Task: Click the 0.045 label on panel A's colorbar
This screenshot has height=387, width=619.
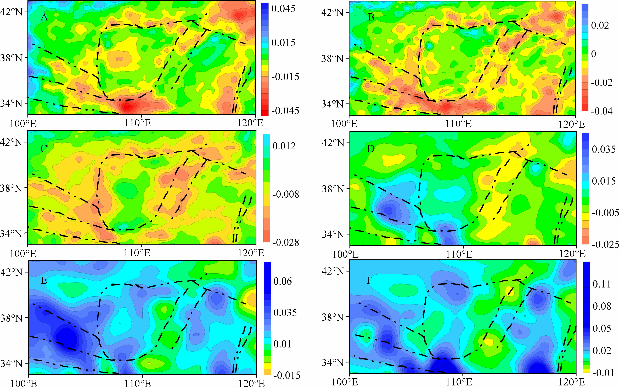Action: coord(283,9)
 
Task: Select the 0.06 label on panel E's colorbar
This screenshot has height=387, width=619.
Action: coord(283,281)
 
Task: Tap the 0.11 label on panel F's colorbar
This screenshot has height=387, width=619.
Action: coord(602,284)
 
